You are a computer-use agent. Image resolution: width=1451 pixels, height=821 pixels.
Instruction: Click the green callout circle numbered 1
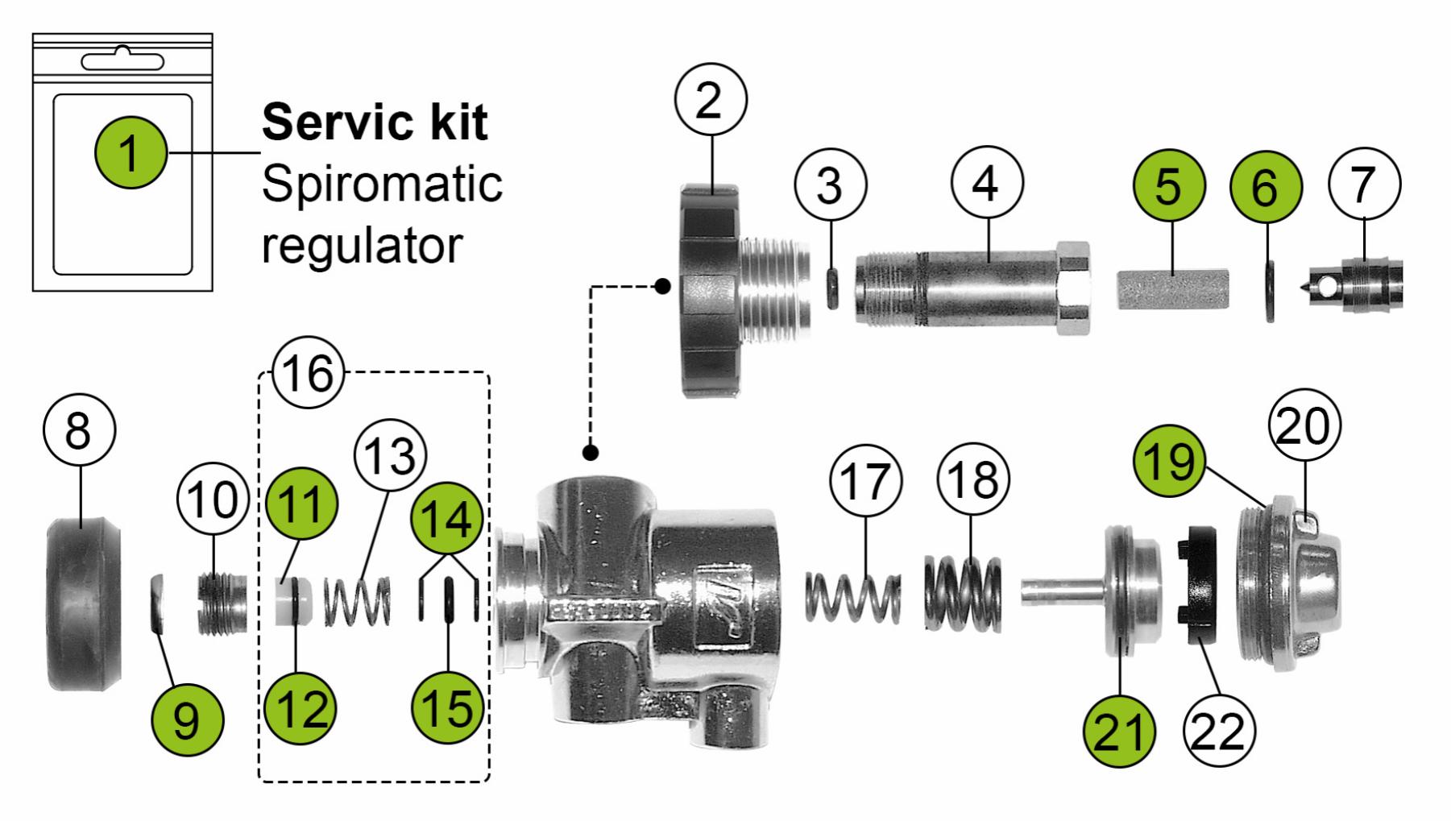coord(130,152)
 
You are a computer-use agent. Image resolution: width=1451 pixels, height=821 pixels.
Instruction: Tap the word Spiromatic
coord(381,185)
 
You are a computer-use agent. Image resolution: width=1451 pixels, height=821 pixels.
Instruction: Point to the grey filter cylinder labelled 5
coord(1173,288)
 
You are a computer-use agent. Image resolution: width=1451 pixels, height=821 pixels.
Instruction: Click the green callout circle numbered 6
coord(1265,187)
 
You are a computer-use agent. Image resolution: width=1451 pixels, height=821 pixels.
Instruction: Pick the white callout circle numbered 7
coord(1364,185)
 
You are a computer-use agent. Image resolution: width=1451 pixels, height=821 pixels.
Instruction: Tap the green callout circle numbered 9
coord(186,719)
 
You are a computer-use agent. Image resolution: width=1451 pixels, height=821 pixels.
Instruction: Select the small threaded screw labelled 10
coord(222,603)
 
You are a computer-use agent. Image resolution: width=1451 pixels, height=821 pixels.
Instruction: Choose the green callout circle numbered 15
coord(447,707)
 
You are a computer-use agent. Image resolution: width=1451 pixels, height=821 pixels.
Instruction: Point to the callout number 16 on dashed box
coord(309,373)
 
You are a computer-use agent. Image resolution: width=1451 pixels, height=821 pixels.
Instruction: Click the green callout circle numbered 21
coord(1120,732)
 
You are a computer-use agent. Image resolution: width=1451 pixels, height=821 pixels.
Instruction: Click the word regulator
coord(362,244)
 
